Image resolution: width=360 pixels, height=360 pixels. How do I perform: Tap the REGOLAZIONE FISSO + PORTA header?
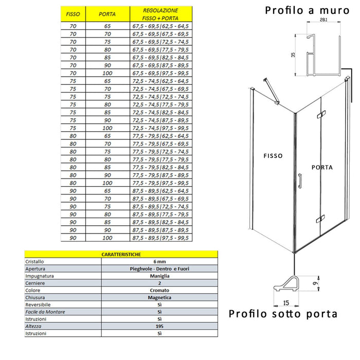click(160, 13)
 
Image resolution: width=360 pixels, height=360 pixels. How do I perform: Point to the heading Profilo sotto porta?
click(283, 314)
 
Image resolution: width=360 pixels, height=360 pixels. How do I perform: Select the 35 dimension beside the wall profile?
click(294, 55)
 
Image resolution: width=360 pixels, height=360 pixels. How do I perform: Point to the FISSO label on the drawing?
click(273, 156)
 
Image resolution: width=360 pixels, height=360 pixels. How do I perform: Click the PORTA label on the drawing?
click(322, 167)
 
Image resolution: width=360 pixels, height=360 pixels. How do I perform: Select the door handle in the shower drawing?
click(300, 183)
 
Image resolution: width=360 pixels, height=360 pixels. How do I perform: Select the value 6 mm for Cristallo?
click(159, 261)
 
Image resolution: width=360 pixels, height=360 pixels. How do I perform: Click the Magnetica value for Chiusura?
click(159, 297)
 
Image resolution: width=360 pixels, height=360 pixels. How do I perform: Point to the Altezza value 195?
click(159, 326)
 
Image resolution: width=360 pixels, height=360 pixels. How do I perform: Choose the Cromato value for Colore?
click(159, 290)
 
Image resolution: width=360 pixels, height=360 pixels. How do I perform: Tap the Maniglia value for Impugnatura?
click(159, 276)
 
